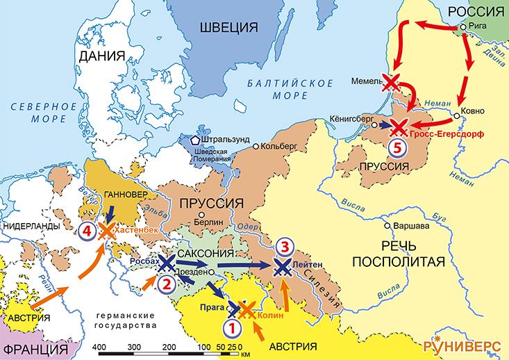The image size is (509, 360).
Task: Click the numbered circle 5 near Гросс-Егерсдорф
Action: click(x=395, y=147)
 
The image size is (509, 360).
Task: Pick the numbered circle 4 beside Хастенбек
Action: click(x=86, y=230)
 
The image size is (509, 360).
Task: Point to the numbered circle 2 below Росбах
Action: click(x=166, y=284)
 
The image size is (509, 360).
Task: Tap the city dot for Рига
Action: click(x=462, y=27)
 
